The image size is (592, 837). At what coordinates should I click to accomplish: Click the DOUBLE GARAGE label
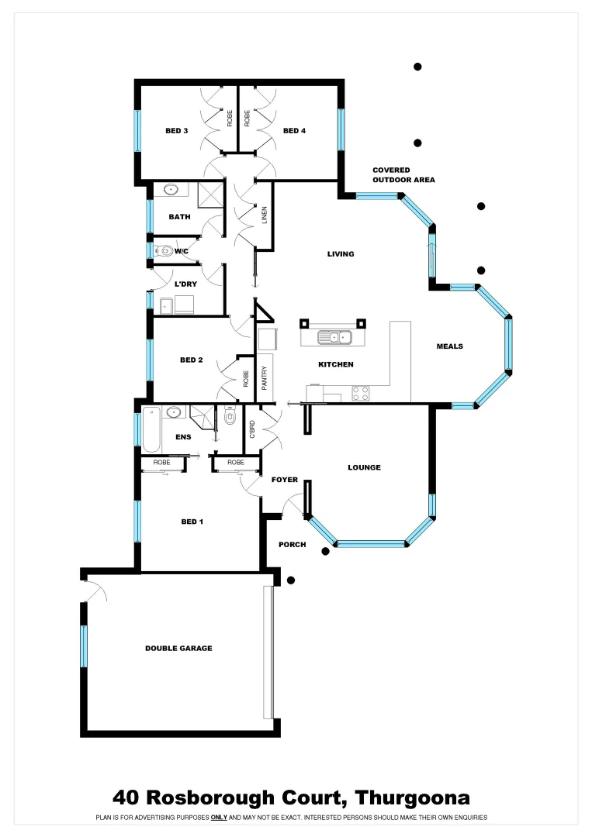pos(178,648)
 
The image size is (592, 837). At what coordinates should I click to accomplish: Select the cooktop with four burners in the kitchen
pos(361,393)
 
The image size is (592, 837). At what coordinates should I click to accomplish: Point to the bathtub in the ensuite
pos(151,429)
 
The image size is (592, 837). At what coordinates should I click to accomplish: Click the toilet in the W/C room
pos(164,250)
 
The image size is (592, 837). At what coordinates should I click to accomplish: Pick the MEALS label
pos(449,346)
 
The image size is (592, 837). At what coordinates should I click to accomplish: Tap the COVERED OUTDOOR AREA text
pos(403,174)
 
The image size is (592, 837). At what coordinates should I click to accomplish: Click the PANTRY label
pos(264,377)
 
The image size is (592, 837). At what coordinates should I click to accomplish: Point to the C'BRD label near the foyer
pos(252,430)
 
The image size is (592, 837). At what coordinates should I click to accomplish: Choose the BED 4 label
pos(294,131)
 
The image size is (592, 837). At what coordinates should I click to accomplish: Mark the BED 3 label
pos(176,131)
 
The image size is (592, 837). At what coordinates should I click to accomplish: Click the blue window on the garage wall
pos(84,646)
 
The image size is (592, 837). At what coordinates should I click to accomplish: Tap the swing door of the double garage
pos(95,592)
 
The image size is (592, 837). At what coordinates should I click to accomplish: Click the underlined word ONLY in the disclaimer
pos(219,818)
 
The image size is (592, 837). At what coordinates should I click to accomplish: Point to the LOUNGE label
pos(364,467)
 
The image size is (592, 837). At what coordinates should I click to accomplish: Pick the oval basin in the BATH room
pos(171,188)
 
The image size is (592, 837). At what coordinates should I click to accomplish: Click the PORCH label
pos(292,545)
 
